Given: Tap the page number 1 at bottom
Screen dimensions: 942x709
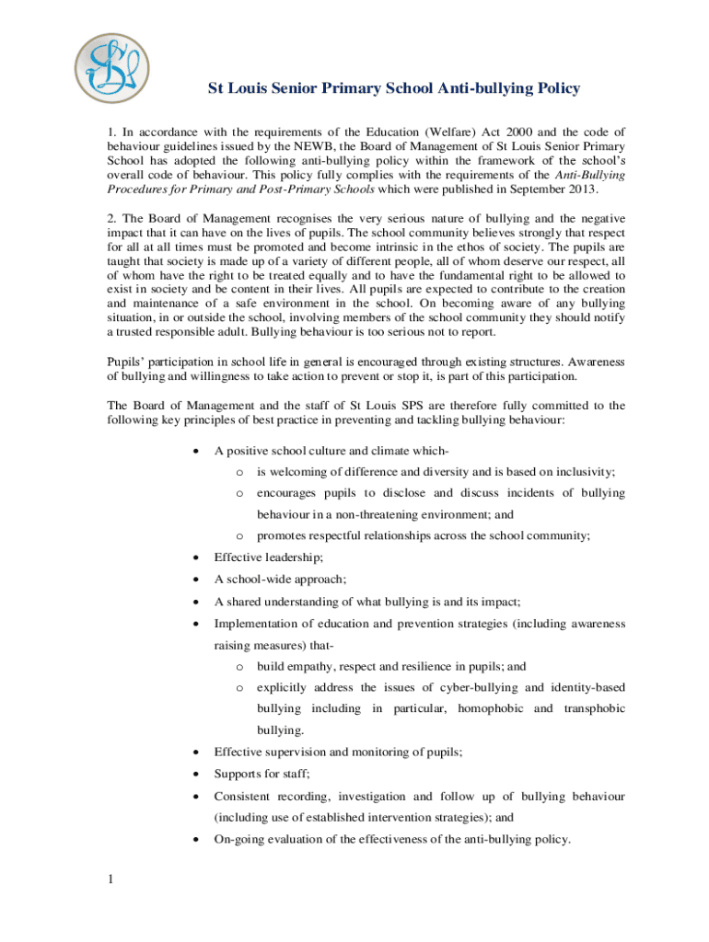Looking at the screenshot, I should (110, 880).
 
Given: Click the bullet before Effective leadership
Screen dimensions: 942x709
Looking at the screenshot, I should (194, 557).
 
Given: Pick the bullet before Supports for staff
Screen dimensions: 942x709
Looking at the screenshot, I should (194, 774).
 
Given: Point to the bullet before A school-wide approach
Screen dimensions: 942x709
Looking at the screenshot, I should (194, 580).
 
